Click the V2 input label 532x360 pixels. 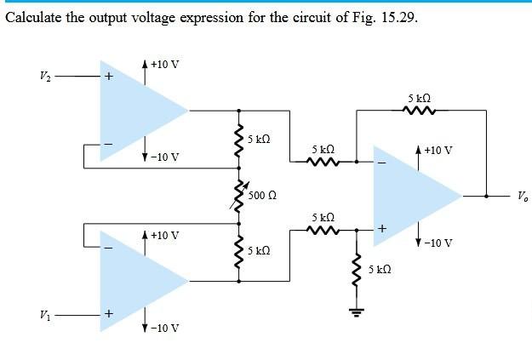click(x=43, y=76)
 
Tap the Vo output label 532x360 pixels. click(x=521, y=197)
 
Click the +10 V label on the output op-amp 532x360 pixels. click(x=438, y=150)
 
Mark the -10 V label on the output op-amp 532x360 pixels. click(x=438, y=243)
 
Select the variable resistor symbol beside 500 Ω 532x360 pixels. click(x=238, y=196)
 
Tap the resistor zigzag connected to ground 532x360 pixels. click(x=356, y=271)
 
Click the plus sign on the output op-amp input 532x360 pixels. click(x=382, y=228)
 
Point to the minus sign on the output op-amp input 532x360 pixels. click(x=382, y=163)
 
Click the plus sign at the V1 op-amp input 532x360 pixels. click(x=108, y=313)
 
